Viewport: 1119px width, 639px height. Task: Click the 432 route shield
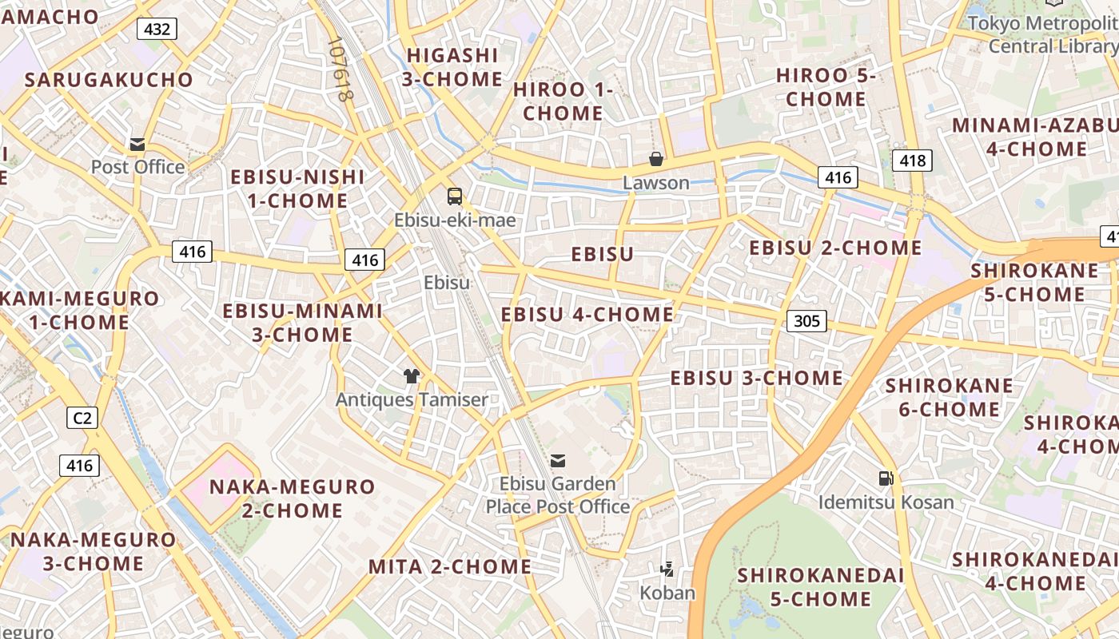pyautogui.click(x=157, y=30)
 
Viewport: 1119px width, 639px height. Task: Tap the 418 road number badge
pyautogui.click(x=912, y=161)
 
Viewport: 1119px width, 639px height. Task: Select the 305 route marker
pyautogui.click(x=806, y=321)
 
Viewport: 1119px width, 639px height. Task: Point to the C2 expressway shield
pyautogui.click(x=82, y=417)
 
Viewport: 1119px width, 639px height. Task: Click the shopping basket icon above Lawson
pyautogui.click(x=656, y=159)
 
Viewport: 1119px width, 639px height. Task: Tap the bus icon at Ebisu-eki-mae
pyautogui.click(x=454, y=196)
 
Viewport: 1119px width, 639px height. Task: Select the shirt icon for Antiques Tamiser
pyautogui.click(x=412, y=376)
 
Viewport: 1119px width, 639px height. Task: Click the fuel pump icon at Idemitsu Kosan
pyautogui.click(x=886, y=478)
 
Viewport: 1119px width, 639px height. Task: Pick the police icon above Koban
pyautogui.click(x=667, y=570)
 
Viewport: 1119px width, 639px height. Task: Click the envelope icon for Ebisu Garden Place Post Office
pyautogui.click(x=558, y=461)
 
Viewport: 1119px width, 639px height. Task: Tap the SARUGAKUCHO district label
pyautogui.click(x=109, y=80)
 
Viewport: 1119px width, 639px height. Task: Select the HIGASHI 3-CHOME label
pyautogui.click(x=452, y=67)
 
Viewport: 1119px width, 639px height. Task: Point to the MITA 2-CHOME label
pyautogui.click(x=449, y=567)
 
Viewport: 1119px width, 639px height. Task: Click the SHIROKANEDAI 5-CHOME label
pyautogui.click(x=820, y=587)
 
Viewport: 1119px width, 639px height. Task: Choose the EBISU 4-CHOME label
pyautogui.click(x=587, y=315)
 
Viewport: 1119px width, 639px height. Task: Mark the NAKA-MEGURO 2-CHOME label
pyautogui.click(x=292, y=498)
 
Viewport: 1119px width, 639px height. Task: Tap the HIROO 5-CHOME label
pyautogui.click(x=826, y=88)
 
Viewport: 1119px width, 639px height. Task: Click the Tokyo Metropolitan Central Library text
pyautogui.click(x=1043, y=34)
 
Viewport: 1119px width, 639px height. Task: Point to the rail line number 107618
pyautogui.click(x=340, y=69)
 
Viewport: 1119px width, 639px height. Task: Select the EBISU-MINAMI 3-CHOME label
pyautogui.click(x=302, y=323)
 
